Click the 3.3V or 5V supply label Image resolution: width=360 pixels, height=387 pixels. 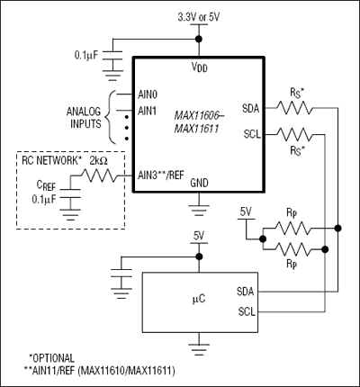(x=200, y=16)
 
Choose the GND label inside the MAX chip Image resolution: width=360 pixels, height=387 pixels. (x=200, y=182)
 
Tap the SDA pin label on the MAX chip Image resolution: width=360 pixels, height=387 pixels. (x=251, y=109)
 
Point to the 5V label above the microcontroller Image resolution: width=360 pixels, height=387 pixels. (x=200, y=238)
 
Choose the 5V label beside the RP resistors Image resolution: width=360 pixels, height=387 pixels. (x=246, y=211)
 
